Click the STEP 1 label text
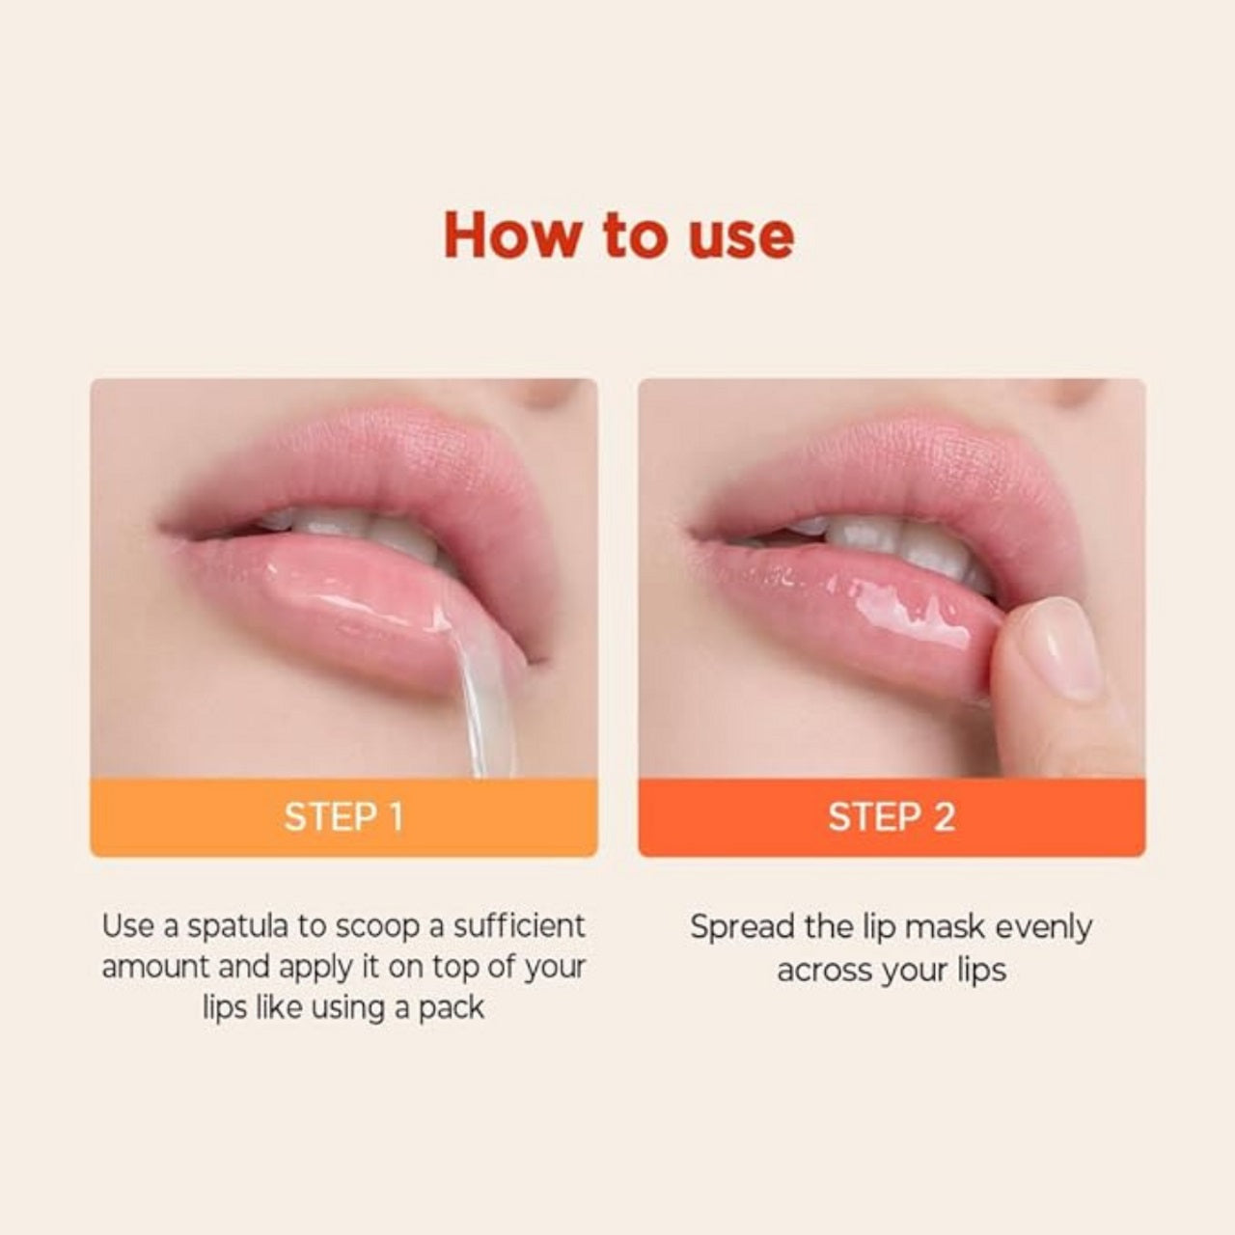tap(343, 817)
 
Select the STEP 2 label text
tap(892, 817)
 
